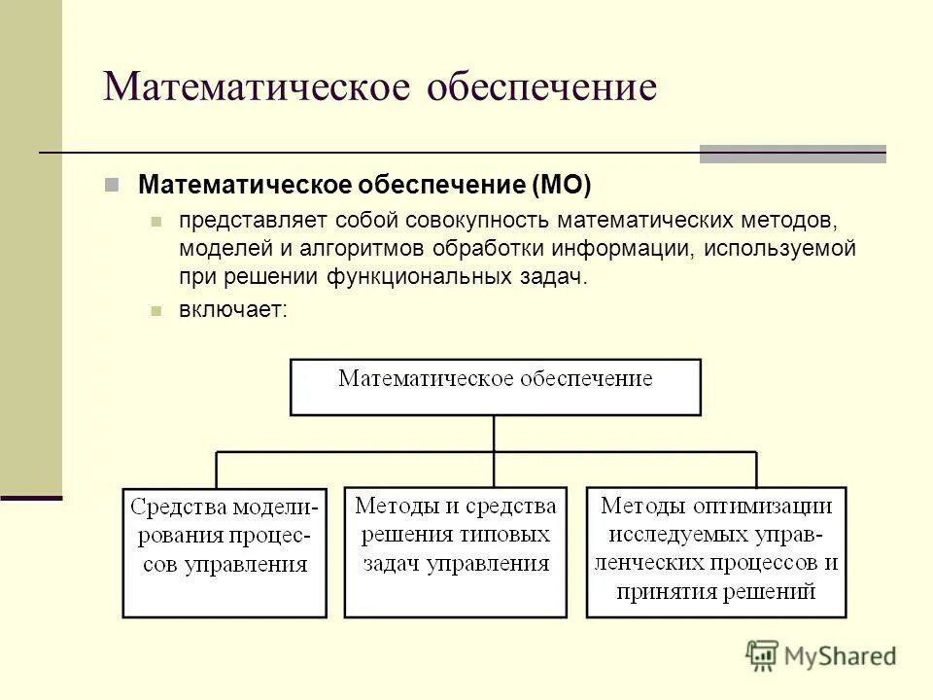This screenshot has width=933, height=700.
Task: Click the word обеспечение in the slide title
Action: pyautogui.click(x=541, y=87)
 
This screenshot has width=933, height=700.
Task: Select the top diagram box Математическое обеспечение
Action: pyautogui.click(x=495, y=387)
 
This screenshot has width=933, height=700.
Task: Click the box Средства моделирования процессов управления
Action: pyautogui.click(x=225, y=551)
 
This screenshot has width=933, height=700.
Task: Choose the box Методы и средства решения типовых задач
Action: pyautogui.click(x=456, y=551)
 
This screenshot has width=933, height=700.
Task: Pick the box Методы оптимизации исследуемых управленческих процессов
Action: pyautogui.click(x=716, y=551)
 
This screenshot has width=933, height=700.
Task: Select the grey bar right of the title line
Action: pyautogui.click(x=792, y=154)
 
